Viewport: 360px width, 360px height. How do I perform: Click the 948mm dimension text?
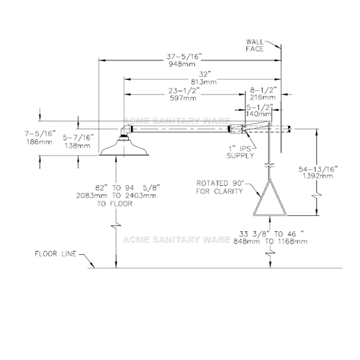point(182,64)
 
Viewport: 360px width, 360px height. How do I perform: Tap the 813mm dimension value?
point(204,82)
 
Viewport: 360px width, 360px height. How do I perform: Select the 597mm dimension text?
point(183,98)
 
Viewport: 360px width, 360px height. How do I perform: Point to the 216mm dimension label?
point(263,97)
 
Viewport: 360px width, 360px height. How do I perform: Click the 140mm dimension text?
point(259,114)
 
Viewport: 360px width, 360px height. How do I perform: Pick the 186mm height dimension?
point(39,142)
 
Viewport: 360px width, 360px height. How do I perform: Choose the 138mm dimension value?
point(78,145)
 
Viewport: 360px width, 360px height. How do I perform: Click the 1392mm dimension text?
point(318,176)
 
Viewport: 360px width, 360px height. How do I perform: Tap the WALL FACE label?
point(255,45)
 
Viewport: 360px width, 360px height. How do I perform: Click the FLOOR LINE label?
point(55,253)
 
